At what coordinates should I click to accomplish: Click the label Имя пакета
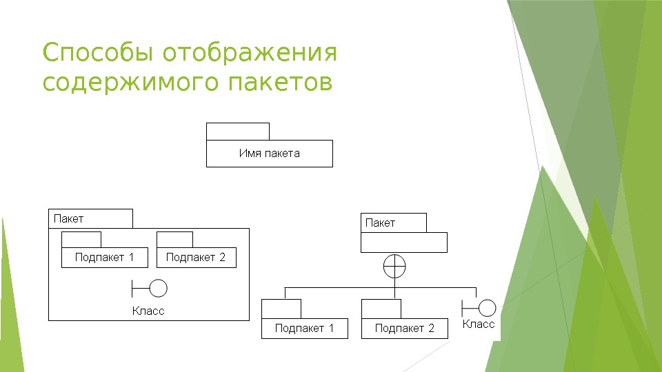(x=269, y=154)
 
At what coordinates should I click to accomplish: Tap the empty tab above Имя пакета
(x=237, y=132)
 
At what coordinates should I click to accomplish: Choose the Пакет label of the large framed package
(x=69, y=218)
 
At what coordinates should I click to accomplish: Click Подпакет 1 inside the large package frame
(x=104, y=258)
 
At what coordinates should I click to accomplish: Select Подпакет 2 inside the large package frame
(x=196, y=258)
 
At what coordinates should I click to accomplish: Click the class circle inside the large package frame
(x=158, y=289)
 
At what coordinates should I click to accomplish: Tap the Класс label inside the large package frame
(x=148, y=311)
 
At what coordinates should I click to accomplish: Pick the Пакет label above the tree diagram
(x=380, y=223)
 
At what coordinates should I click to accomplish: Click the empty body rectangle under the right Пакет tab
(x=404, y=242)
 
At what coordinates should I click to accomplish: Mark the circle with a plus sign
(x=394, y=266)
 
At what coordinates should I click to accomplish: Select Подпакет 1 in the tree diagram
(x=304, y=329)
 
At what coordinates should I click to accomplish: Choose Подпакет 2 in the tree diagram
(x=405, y=329)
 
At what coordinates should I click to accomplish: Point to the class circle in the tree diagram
(x=488, y=308)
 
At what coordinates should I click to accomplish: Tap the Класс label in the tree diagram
(x=479, y=324)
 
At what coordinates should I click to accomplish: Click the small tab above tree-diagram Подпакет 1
(x=281, y=309)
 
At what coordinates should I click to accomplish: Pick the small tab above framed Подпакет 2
(x=174, y=240)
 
